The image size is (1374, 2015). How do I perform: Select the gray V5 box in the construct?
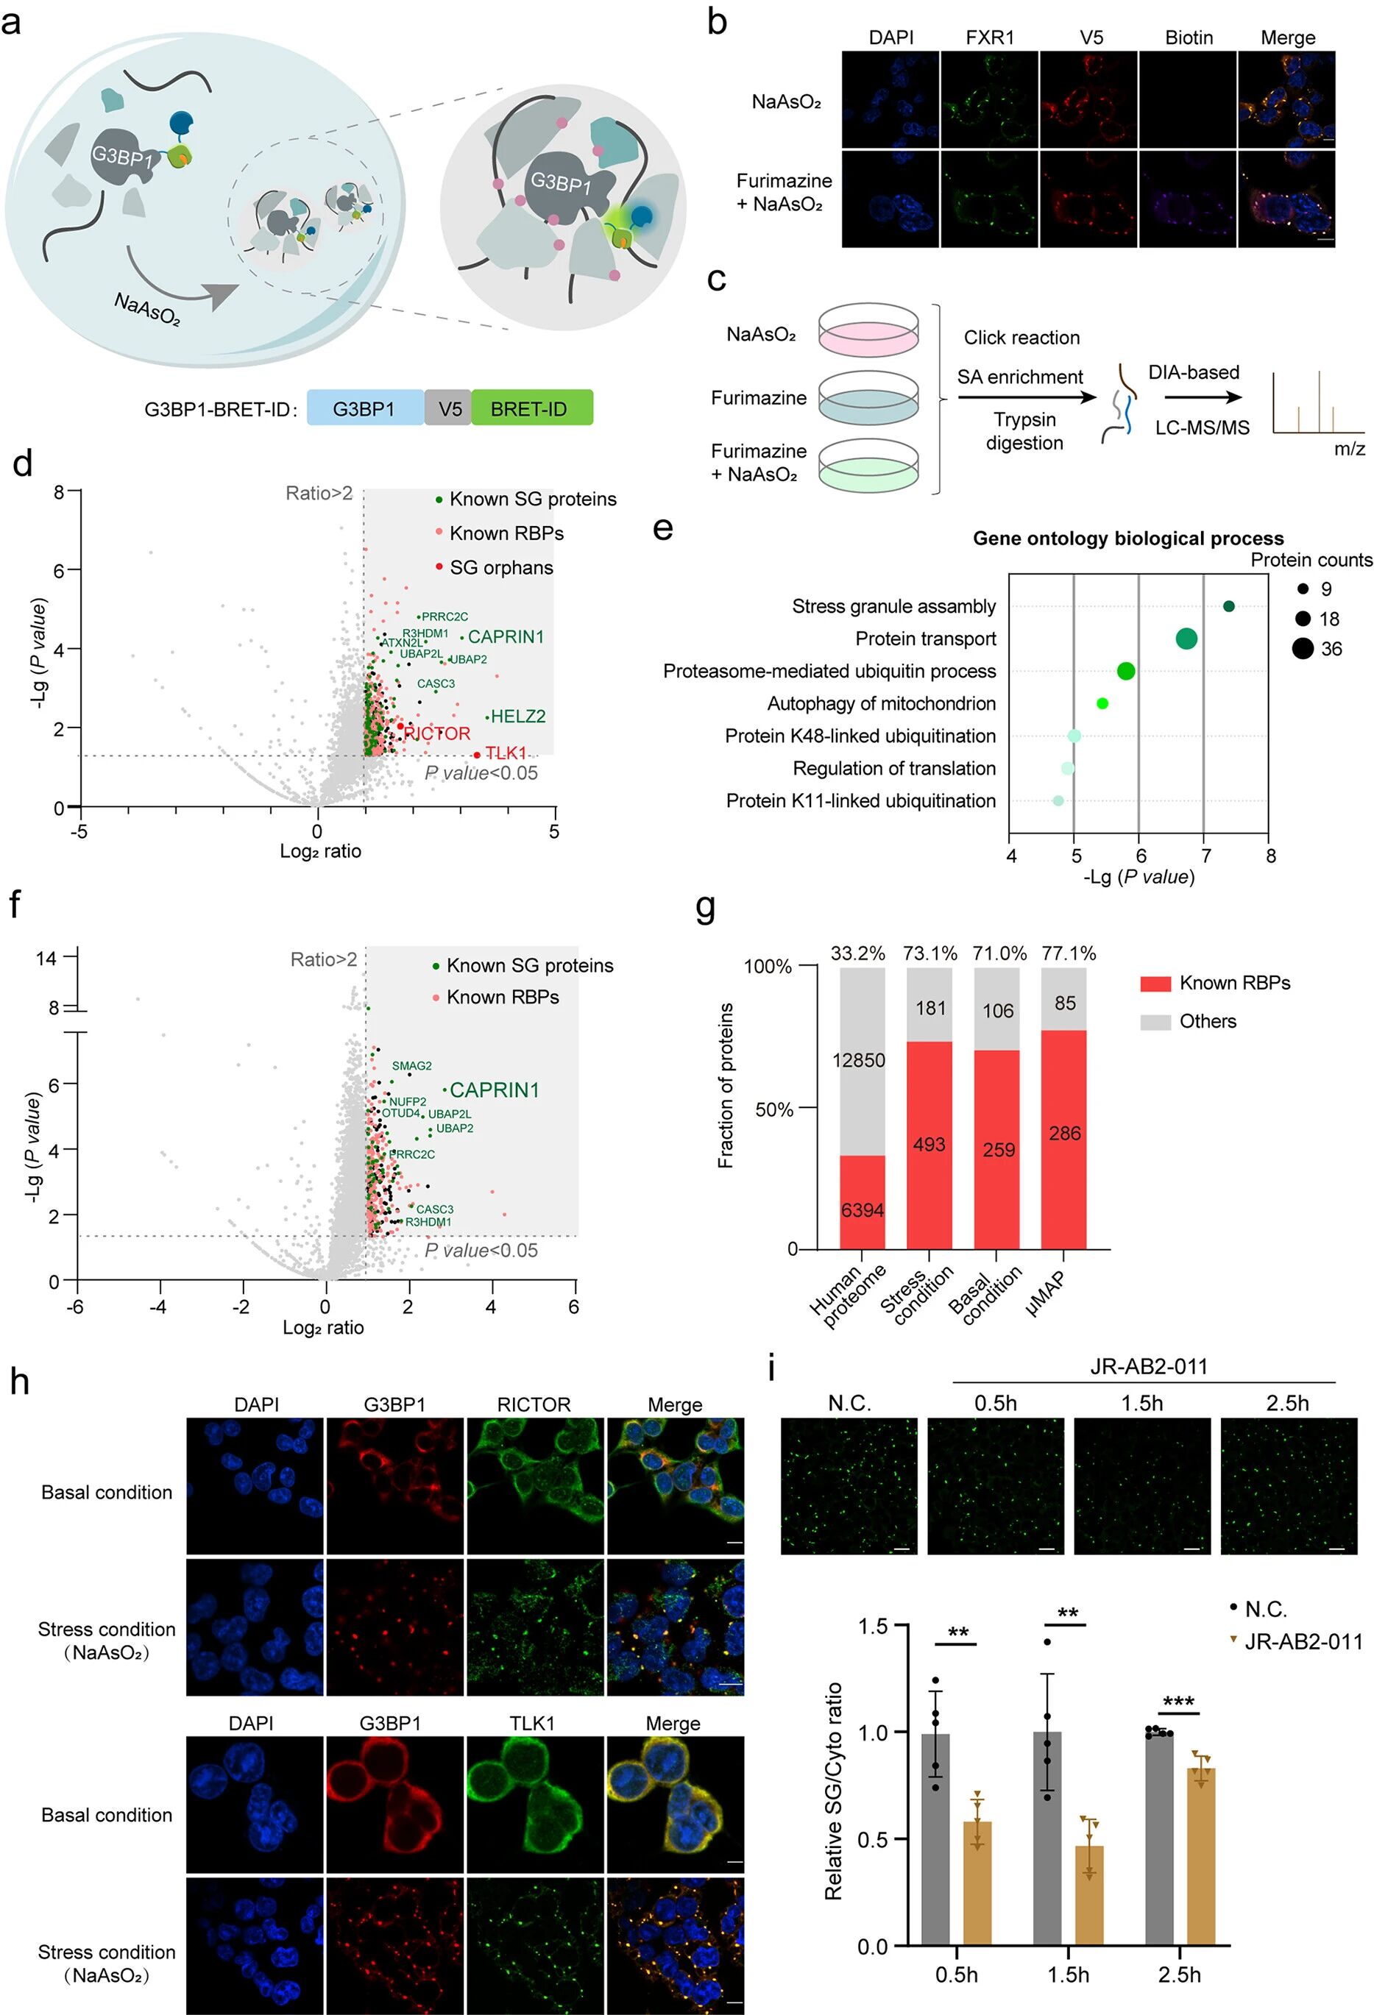450,408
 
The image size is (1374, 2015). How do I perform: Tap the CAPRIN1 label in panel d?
506,637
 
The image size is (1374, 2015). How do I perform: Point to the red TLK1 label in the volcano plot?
506,753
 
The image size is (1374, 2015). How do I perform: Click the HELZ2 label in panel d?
518,717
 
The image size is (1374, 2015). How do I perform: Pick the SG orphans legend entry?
500,568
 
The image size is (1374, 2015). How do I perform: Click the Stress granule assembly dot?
1228,606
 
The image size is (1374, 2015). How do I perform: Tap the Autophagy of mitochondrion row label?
882,703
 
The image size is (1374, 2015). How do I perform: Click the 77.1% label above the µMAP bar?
1069,953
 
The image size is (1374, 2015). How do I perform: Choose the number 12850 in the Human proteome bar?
859,1060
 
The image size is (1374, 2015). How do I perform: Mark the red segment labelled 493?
929,1145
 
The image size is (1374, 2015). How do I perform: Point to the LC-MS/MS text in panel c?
1203,427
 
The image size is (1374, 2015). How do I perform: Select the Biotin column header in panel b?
1189,38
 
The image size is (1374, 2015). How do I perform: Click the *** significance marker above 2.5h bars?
1178,1701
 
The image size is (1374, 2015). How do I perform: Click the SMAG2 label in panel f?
411,1065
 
